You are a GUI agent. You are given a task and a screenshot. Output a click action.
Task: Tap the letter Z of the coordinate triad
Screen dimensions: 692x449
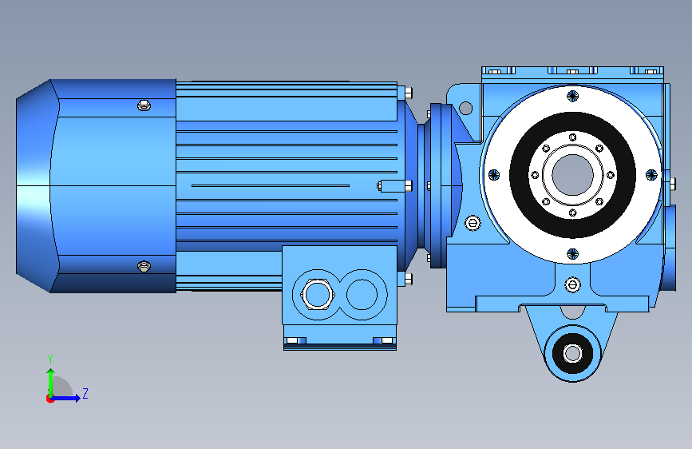coord(85,393)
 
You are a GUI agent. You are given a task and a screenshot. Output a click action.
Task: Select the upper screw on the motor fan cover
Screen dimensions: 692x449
coord(144,105)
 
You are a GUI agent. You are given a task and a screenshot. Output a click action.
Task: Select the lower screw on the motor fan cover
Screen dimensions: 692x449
coord(144,267)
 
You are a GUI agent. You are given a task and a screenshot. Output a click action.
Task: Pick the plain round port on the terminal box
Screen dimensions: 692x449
coord(362,294)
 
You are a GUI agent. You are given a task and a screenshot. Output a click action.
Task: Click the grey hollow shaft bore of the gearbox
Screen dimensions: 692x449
coord(573,174)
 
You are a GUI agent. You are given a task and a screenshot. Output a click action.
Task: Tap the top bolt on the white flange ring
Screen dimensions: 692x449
coord(573,95)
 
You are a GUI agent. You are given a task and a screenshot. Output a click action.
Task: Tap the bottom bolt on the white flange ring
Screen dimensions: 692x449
coord(573,254)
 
